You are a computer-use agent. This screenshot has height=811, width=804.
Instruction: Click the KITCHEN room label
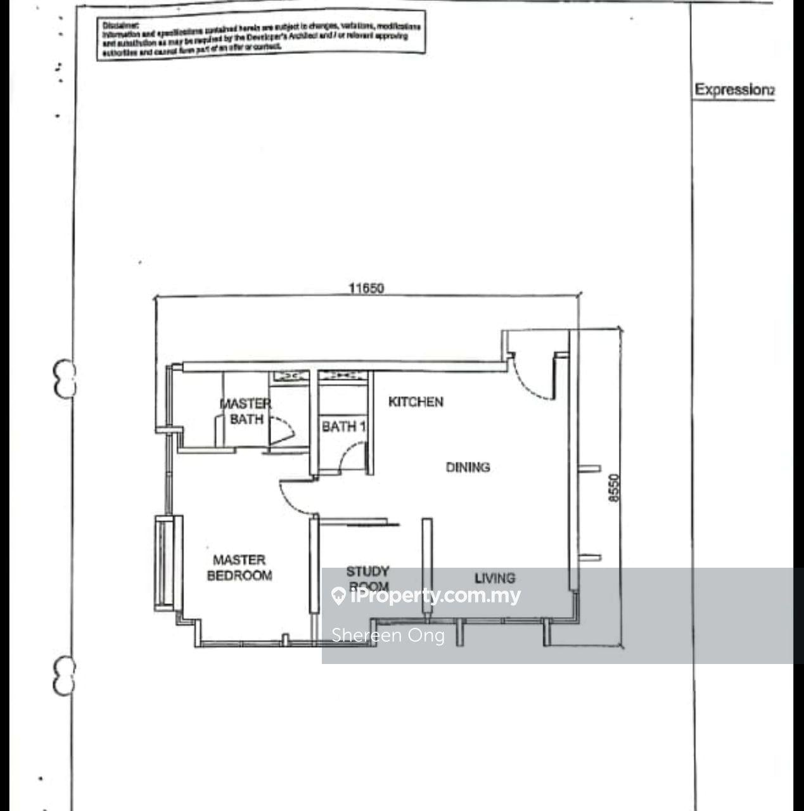(x=416, y=402)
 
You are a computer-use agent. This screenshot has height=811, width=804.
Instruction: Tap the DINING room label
(x=468, y=467)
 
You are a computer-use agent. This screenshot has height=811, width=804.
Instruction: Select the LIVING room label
(x=495, y=577)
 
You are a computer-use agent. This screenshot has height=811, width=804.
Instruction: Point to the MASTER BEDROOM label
(x=239, y=568)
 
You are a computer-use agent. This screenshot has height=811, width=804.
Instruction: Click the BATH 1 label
(x=343, y=426)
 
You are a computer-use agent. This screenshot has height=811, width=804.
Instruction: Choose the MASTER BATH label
(x=246, y=411)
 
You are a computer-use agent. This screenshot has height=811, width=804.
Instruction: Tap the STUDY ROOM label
(x=367, y=578)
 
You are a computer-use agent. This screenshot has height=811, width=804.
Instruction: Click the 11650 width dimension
(x=366, y=288)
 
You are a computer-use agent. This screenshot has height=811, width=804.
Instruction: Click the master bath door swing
(x=281, y=431)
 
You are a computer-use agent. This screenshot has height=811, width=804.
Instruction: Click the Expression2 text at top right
(x=734, y=89)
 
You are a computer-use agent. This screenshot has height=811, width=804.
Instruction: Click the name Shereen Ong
(x=388, y=635)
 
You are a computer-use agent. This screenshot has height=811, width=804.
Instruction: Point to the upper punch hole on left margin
(x=64, y=378)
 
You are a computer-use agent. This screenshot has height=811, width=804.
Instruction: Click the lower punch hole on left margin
(x=64, y=675)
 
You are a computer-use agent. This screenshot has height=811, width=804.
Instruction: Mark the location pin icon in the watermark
(x=338, y=596)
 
